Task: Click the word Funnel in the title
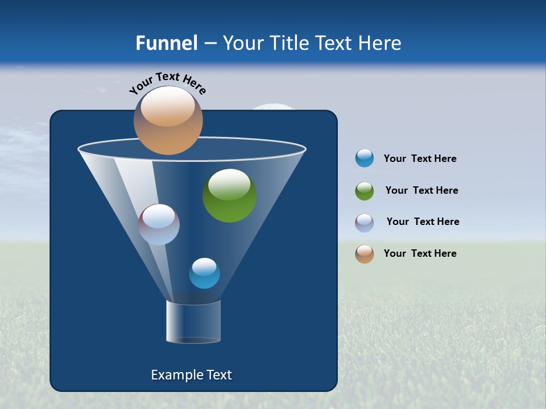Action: click(x=167, y=43)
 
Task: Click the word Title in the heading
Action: click(x=289, y=43)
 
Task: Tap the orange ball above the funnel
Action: click(x=168, y=120)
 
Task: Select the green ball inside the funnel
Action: click(x=229, y=196)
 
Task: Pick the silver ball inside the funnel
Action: click(x=159, y=224)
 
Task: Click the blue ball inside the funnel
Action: click(x=204, y=273)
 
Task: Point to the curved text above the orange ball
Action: click(x=167, y=82)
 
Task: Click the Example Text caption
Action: click(x=191, y=375)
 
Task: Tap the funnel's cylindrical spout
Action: click(x=193, y=322)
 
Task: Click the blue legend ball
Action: click(x=365, y=158)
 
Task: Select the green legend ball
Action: click(x=365, y=191)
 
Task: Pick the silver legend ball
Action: click(x=365, y=223)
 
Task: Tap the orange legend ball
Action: click(x=365, y=254)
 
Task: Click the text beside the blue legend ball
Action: click(x=420, y=158)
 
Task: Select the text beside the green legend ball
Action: click(x=421, y=190)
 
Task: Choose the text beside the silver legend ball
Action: click(x=423, y=222)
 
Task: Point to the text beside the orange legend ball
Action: click(x=420, y=253)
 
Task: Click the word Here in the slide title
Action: click(x=380, y=43)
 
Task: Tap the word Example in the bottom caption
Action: click(x=175, y=375)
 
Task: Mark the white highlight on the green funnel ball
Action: click(x=229, y=184)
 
